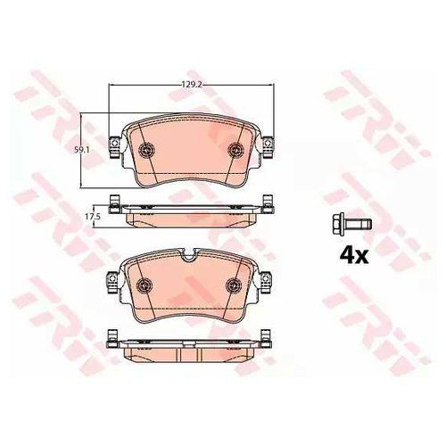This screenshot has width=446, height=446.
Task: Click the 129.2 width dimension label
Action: (192, 85)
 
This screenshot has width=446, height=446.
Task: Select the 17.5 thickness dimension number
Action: (92, 217)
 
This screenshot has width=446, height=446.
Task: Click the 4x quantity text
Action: (354, 256)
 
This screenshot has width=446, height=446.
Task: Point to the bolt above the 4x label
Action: (353, 224)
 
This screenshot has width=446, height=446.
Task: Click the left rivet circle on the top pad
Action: (147, 149)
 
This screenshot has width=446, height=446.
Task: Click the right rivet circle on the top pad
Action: (235, 149)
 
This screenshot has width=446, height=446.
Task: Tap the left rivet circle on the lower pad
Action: (144, 285)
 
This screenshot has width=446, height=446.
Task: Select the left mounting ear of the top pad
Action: (115, 146)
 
